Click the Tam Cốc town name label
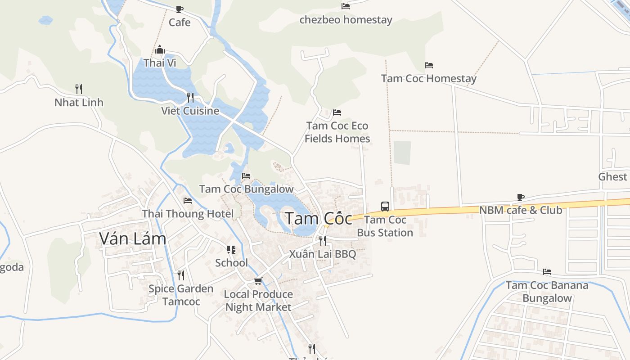click(319, 219)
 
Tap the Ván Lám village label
click(133, 238)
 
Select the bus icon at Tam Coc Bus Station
click(385, 207)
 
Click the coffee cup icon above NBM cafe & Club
click(521, 197)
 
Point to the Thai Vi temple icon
click(160, 49)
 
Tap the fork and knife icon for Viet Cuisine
click(190, 97)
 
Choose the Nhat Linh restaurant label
click(79, 103)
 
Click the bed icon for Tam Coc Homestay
click(429, 65)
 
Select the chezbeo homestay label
click(346, 20)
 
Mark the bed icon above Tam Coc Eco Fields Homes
click(337, 112)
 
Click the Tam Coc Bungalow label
click(246, 189)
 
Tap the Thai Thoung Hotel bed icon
click(188, 200)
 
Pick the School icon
click(231, 250)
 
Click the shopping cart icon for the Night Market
click(258, 281)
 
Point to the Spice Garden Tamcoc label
click(181, 295)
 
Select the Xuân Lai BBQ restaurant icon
click(322, 241)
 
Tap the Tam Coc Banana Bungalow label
click(547, 292)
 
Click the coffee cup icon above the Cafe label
click(180, 9)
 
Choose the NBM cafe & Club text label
click(521, 210)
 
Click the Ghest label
click(612, 176)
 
